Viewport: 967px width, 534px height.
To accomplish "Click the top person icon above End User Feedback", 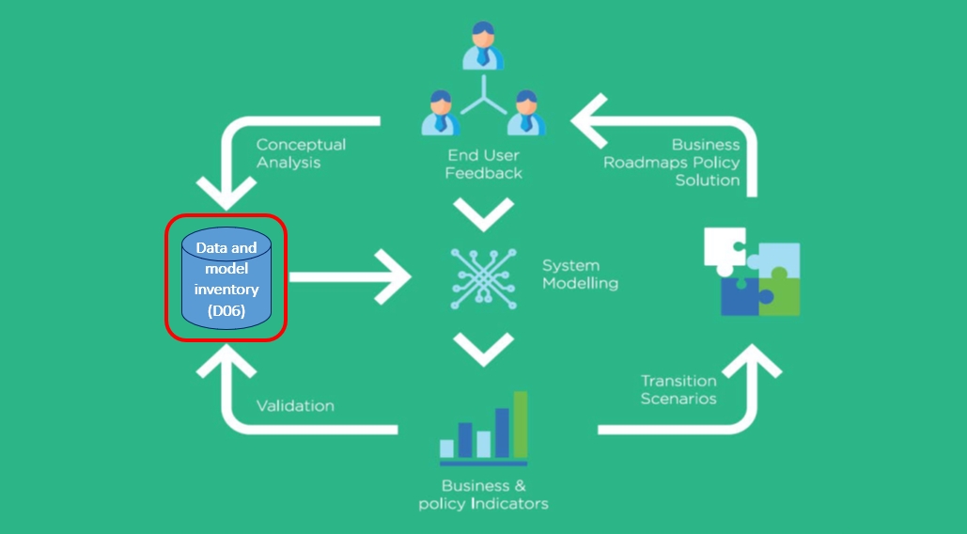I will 483,45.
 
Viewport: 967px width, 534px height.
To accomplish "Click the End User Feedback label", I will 484,165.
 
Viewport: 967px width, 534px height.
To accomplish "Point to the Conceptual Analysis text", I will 301,153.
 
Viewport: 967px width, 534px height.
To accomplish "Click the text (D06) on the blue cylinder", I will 226,310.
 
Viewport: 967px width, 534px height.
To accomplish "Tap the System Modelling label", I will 580,275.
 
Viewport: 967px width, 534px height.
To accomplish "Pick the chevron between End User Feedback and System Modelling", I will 483,216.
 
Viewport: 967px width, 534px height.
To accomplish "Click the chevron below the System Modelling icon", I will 483,351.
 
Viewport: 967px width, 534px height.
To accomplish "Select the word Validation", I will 295,406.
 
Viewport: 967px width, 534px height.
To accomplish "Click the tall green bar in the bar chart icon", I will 521,424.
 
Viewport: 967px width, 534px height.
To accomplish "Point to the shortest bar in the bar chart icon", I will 446,448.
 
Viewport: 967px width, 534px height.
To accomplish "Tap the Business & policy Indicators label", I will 483,495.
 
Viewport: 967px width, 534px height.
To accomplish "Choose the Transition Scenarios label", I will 678,389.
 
